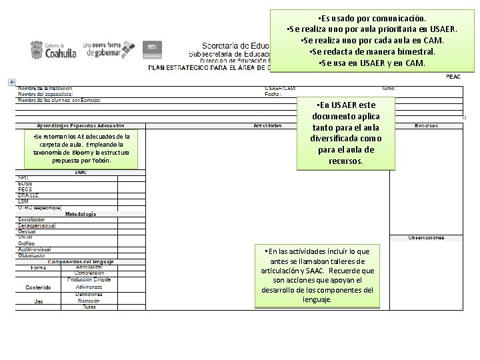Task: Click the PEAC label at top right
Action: click(453, 77)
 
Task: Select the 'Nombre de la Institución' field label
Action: click(45, 88)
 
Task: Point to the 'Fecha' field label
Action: click(273, 94)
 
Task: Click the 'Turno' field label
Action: click(389, 88)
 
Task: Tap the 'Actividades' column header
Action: click(267, 125)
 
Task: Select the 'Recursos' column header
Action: click(427, 125)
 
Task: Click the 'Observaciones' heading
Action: click(427, 237)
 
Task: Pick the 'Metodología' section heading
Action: click(80, 214)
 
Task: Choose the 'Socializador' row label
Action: click(32, 219)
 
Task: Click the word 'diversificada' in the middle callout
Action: click(333, 139)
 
